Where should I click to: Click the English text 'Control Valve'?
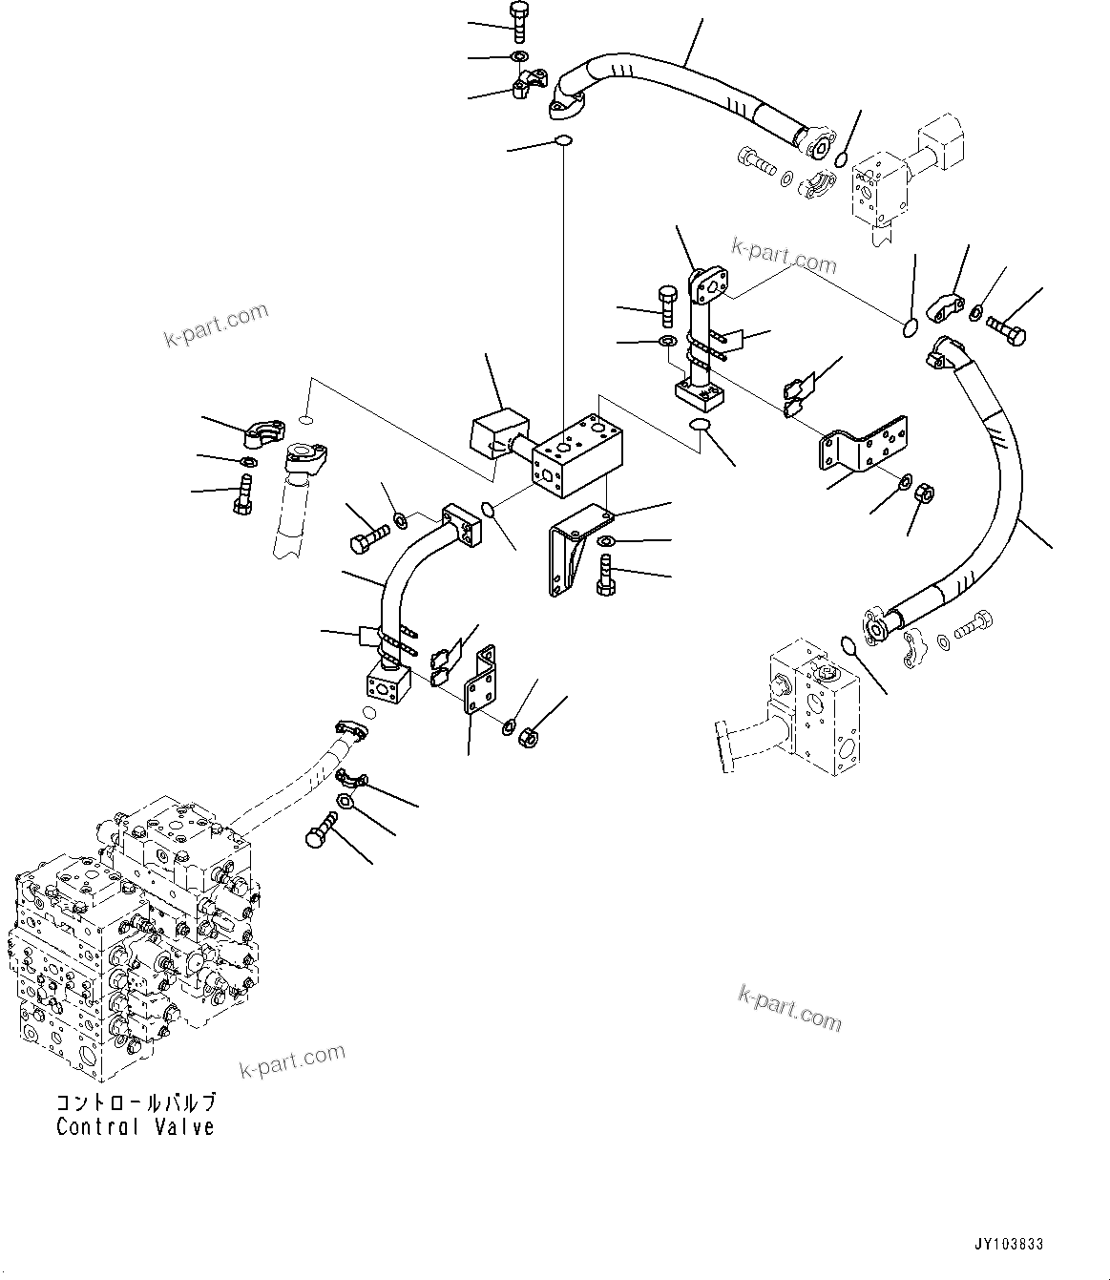(135, 1127)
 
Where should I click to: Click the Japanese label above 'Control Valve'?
(135, 1102)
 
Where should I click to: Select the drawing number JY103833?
(1008, 1245)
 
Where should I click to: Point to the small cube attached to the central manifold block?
(498, 434)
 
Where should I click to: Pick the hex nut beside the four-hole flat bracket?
(924, 494)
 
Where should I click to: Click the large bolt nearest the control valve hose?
(323, 830)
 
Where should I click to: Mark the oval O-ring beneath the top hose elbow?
(563, 142)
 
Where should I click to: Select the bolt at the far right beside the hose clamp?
(1008, 334)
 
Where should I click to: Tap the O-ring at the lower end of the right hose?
(848, 646)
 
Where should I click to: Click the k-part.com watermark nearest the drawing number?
(789, 1009)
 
